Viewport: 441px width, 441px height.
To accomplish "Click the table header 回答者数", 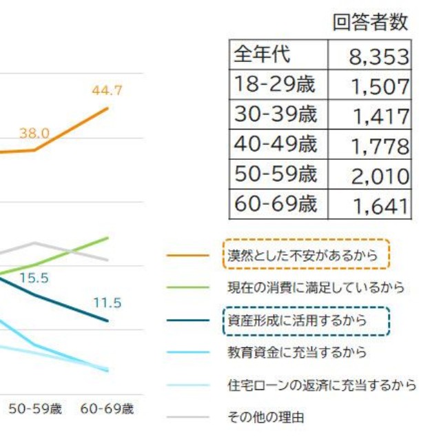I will point(370,22).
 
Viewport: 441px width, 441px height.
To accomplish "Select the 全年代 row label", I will point(263,54).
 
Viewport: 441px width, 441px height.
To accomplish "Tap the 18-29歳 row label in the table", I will point(274,85).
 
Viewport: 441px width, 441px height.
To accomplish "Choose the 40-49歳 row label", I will point(275,145).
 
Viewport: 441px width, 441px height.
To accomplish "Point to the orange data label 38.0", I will point(34,133).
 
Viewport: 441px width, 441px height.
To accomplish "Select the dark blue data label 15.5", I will point(34,278).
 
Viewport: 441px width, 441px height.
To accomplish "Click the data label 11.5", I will point(107,302).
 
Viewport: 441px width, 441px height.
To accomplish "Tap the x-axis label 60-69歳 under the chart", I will point(107,409).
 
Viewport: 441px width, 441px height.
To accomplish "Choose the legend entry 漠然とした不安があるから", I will point(303,255).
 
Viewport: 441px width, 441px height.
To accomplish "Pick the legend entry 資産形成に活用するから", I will point(297,320).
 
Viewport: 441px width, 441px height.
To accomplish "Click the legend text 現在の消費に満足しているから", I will point(316,287).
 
